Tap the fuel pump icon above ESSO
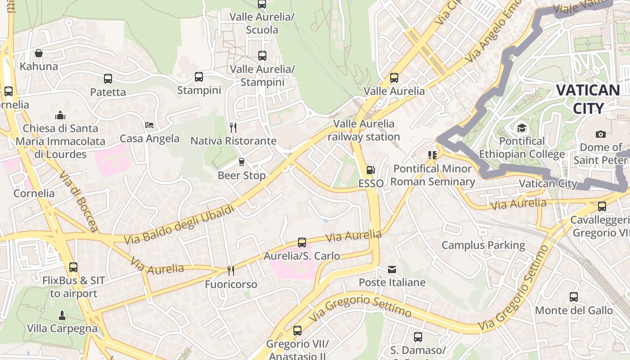coord(370,170)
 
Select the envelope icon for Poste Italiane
coord(392,269)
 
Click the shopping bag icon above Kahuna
coord(39,53)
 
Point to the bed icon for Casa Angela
coord(149,125)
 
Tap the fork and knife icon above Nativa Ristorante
coord(233,127)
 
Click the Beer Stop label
coord(242,175)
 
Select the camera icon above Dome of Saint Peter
coord(600,134)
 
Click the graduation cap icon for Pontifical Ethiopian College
coord(522,128)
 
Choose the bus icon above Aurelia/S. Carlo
coord(302,243)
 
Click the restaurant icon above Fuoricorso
coord(231,270)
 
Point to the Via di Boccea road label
coord(78,201)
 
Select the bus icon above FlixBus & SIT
coord(73,267)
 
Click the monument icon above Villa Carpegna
coord(62,315)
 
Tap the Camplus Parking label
coord(483,245)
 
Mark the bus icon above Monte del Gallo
coord(574,297)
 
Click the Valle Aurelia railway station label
coord(364,130)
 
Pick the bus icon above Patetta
coord(108,79)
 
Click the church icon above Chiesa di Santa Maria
coord(60,115)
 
